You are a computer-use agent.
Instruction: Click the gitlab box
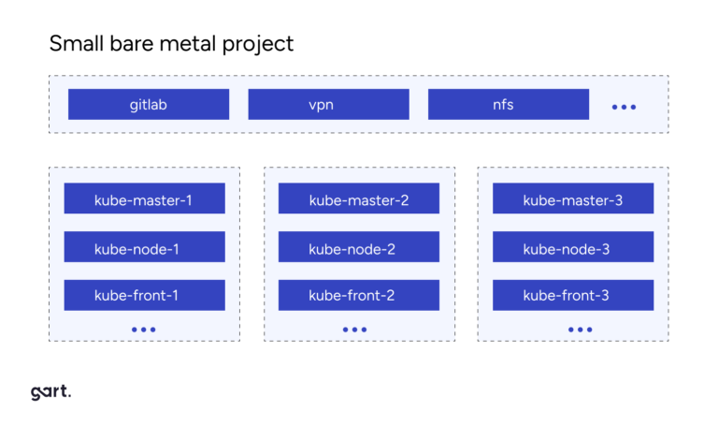click(x=149, y=104)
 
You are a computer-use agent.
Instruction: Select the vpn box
click(x=328, y=104)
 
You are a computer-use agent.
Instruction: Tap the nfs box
click(x=508, y=104)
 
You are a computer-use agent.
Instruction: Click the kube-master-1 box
click(x=144, y=198)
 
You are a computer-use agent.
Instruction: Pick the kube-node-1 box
click(x=144, y=247)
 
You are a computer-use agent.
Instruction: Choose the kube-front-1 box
click(x=144, y=295)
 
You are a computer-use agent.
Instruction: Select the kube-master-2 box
click(x=359, y=198)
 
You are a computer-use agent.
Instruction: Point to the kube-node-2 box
click(x=359, y=247)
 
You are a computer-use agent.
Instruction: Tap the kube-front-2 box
click(x=359, y=295)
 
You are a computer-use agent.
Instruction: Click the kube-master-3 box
click(x=573, y=198)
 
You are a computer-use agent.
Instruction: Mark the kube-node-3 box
click(x=573, y=247)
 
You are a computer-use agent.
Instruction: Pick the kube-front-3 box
click(x=573, y=295)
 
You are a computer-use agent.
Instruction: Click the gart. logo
click(x=50, y=392)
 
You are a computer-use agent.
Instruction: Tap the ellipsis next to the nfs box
click(x=624, y=107)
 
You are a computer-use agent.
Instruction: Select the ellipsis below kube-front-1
click(x=144, y=330)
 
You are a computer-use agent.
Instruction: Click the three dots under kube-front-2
click(x=355, y=330)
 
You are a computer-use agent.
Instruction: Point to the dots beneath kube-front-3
click(x=580, y=330)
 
